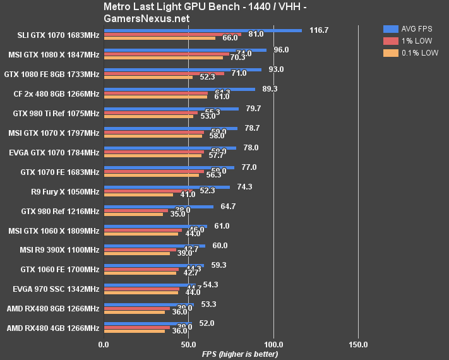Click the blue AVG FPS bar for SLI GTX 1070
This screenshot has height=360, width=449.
(x=202, y=30)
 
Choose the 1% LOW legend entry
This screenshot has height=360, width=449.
(x=410, y=41)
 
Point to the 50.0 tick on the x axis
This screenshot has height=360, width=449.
(x=188, y=345)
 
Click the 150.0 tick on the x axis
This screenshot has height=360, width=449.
(x=358, y=345)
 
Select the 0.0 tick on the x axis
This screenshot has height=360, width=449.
(x=104, y=345)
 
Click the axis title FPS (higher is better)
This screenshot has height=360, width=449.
(x=239, y=354)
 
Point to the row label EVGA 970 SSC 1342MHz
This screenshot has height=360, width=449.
(x=56, y=289)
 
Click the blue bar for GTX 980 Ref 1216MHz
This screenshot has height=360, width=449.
(x=158, y=206)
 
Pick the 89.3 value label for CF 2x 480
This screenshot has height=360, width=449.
(x=270, y=88)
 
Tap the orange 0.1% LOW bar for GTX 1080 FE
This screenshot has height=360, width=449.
(x=148, y=78)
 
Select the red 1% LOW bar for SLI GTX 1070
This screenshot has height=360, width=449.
(x=172, y=34)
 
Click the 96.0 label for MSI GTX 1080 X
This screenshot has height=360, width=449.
(x=281, y=49)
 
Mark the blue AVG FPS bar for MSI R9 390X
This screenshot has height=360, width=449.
(x=154, y=246)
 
